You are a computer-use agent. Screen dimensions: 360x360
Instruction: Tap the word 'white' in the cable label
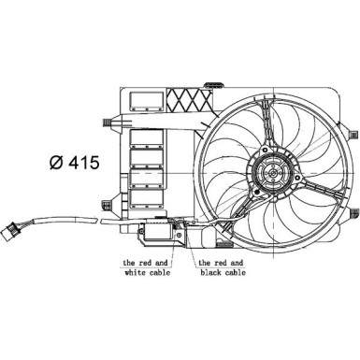[x=136, y=276]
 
